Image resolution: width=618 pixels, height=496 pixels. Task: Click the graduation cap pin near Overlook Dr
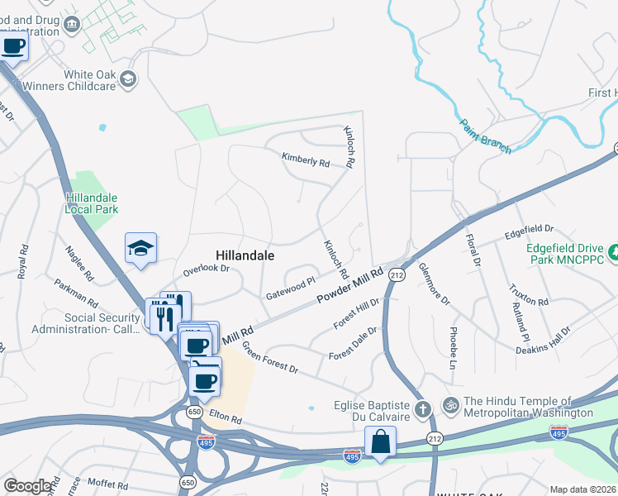tap(140, 247)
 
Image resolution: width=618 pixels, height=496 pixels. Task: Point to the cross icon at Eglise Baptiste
tap(422, 408)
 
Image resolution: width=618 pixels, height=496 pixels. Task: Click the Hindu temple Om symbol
tap(451, 408)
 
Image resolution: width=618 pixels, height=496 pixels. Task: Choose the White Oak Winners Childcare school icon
tap(128, 79)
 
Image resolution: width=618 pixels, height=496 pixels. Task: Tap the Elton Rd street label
tap(225, 420)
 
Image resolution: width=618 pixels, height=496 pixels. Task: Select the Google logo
tap(27, 486)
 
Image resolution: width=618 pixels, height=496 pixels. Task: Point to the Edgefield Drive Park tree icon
tap(612, 252)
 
